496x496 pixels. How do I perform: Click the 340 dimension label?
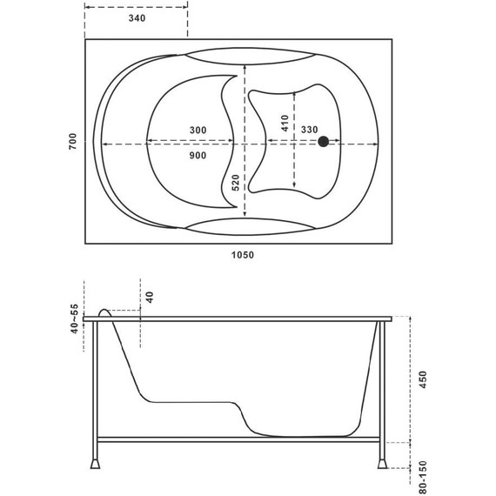pyautogui.click(x=137, y=18)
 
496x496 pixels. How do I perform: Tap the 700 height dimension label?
pyautogui.click(x=72, y=141)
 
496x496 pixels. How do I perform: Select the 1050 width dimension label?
pyautogui.click(x=242, y=255)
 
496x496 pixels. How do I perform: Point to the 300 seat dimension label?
pyautogui.click(x=198, y=130)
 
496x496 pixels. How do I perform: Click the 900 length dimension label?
pyautogui.click(x=198, y=155)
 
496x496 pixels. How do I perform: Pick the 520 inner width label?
pyautogui.click(x=236, y=183)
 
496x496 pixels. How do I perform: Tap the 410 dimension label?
pyautogui.click(x=285, y=123)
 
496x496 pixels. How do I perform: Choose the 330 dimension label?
pyautogui.click(x=309, y=130)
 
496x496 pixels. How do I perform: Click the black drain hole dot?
pyautogui.click(x=323, y=141)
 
